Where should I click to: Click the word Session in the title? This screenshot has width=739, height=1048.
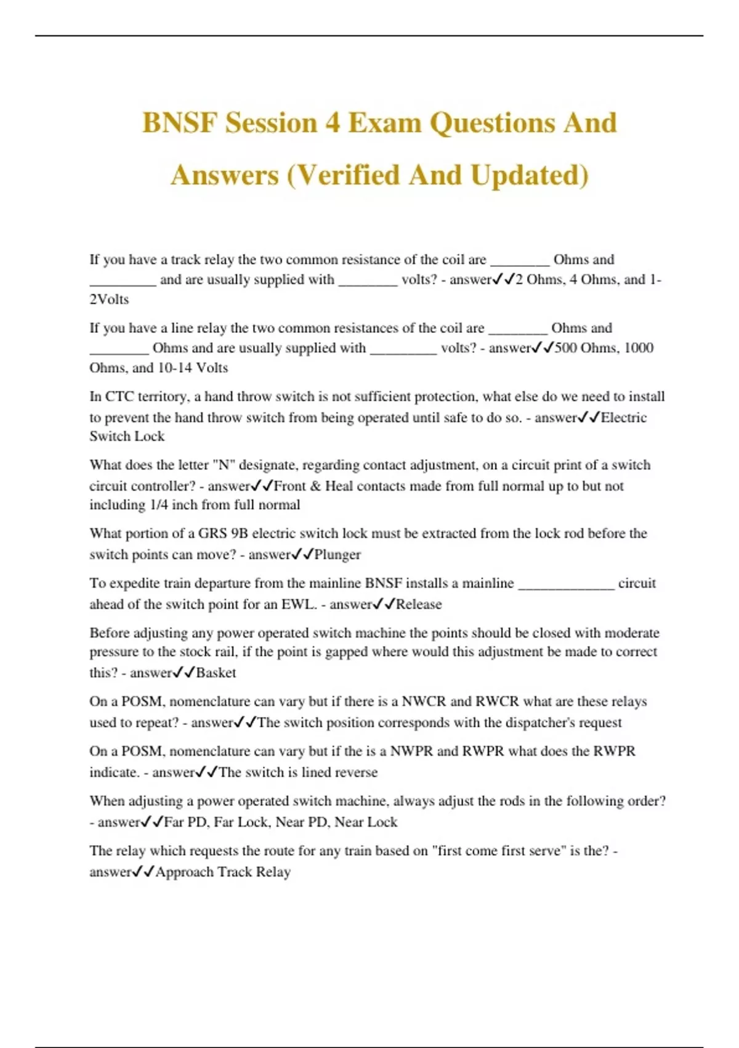[270, 123]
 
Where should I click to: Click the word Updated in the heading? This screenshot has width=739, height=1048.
[529, 175]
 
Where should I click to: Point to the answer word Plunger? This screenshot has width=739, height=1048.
[337, 555]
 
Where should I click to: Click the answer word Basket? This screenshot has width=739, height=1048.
[216, 673]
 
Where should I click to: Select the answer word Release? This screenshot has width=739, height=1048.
[419, 604]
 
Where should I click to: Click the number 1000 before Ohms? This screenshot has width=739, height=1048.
[639, 348]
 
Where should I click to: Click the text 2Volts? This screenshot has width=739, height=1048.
[109, 300]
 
